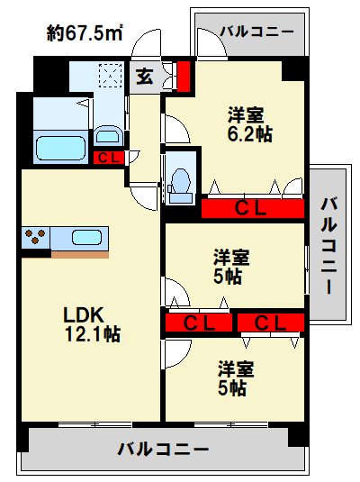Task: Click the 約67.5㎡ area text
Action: tap(85, 33)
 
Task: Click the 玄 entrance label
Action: tap(145, 76)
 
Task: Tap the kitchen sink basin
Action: tap(86, 238)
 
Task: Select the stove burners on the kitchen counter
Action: tap(37, 238)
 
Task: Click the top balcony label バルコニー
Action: tap(257, 32)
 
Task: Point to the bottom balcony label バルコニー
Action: tap(163, 448)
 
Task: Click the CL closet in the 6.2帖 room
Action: tap(251, 209)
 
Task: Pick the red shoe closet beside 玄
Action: tap(184, 76)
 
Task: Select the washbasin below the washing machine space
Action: tap(107, 136)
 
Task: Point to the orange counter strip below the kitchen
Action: tap(80, 254)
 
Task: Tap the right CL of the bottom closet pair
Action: tap(269, 323)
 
